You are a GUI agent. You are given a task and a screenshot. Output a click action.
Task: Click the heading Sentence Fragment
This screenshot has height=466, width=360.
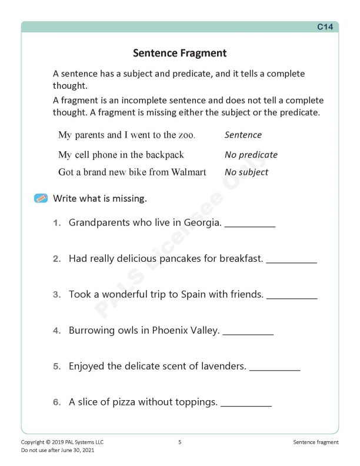(x=179, y=53)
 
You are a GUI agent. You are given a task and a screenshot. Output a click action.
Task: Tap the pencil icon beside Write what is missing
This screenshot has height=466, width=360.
(x=41, y=198)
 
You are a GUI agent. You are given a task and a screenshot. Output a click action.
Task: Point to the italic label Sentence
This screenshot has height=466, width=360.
(x=243, y=135)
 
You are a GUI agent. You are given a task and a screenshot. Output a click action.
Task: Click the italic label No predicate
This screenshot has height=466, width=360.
(x=251, y=155)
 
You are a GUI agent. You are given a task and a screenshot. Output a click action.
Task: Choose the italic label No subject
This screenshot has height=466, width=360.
(x=246, y=172)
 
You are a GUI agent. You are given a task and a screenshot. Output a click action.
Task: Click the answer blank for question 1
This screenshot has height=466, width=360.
(x=250, y=225)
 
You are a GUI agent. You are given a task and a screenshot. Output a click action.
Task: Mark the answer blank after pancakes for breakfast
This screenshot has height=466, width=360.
(x=291, y=261)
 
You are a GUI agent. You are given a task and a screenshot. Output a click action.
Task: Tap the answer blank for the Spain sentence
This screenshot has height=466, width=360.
(x=292, y=297)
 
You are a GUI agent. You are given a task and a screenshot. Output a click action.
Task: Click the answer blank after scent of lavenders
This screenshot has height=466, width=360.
(x=275, y=368)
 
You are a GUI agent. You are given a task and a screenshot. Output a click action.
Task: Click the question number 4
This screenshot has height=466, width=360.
(x=56, y=331)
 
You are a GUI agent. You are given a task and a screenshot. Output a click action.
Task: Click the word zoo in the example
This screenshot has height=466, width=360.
(x=185, y=135)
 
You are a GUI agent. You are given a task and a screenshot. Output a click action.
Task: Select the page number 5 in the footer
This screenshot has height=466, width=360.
(x=179, y=442)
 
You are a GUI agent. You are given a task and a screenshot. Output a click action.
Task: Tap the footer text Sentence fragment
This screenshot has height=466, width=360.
(x=315, y=442)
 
